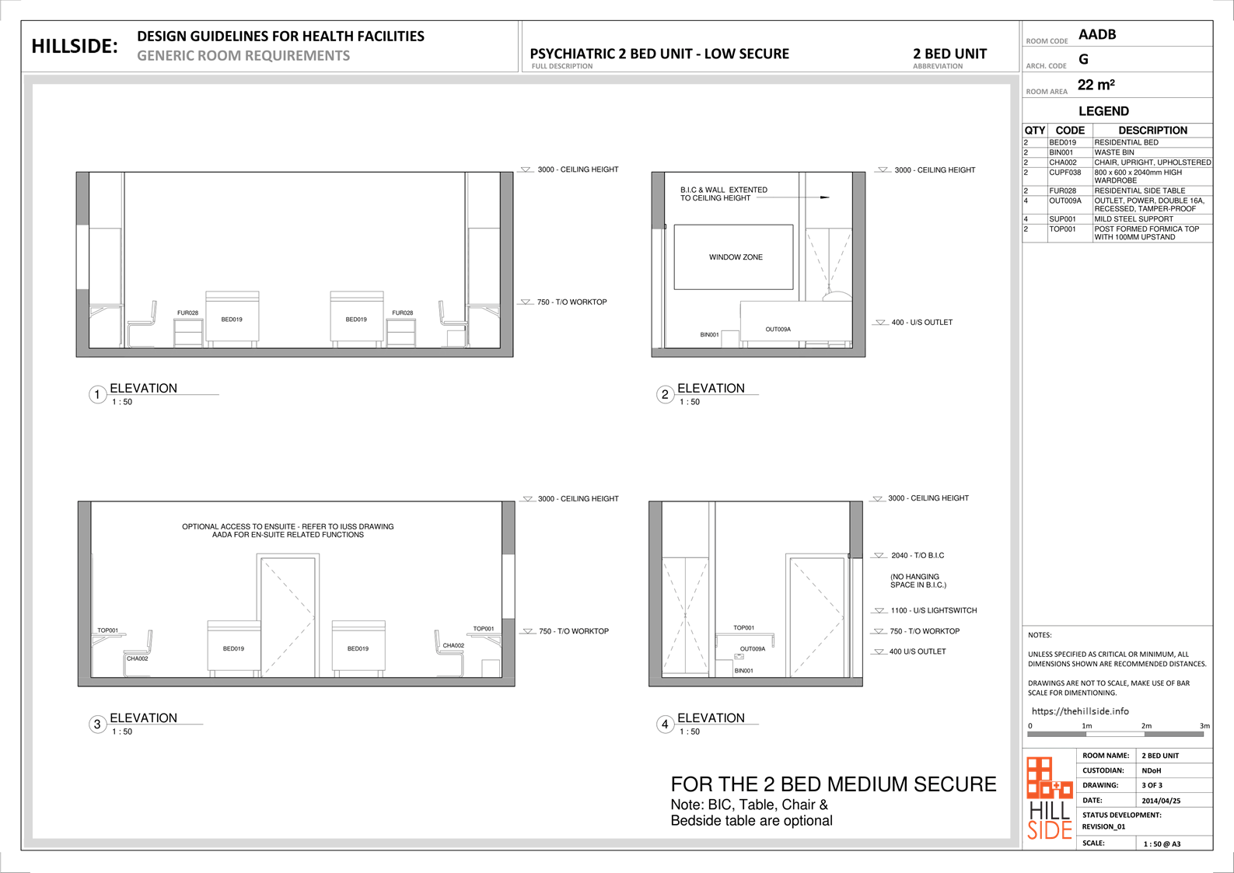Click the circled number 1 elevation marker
97,394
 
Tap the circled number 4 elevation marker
665,724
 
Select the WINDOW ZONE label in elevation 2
736,257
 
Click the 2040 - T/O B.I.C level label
918,555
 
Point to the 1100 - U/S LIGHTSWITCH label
934,610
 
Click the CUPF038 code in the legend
1064,173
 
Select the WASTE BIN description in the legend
1114,152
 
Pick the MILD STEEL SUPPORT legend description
1134,219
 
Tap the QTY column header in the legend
1035,131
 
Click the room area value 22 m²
1096,85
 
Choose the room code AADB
1097,35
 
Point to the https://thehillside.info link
1080,711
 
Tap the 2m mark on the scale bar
1146,726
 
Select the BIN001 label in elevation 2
709,335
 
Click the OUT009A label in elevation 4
753,649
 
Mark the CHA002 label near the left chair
137,658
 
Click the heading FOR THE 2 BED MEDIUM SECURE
834,784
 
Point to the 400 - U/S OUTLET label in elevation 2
921,322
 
